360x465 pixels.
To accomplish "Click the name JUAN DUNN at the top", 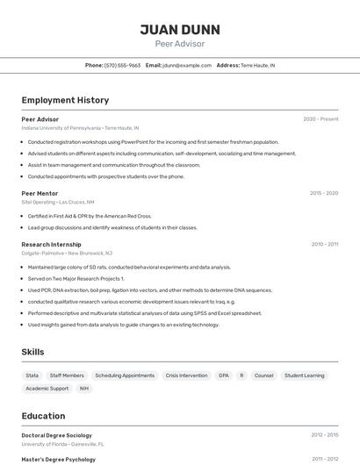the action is [180, 30].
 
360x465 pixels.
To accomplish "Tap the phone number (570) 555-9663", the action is [122, 65].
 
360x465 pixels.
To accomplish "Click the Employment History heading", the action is [65, 100].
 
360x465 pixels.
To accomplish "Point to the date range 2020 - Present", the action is [320, 119].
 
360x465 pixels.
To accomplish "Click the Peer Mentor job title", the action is [40, 193].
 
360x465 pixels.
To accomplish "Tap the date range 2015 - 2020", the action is [324, 193].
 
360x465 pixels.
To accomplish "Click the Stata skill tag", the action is [32, 376].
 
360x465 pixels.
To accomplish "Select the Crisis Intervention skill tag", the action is [186, 376].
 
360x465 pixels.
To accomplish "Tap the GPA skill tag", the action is [223, 376].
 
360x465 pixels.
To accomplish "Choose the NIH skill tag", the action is [84, 388].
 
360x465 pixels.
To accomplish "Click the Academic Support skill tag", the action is [47, 388].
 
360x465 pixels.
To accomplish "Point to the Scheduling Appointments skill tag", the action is [125, 376].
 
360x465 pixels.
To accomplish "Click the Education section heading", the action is [43, 416].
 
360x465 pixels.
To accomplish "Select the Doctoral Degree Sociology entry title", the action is [56, 435].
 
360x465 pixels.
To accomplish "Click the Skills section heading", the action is [32, 352].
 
